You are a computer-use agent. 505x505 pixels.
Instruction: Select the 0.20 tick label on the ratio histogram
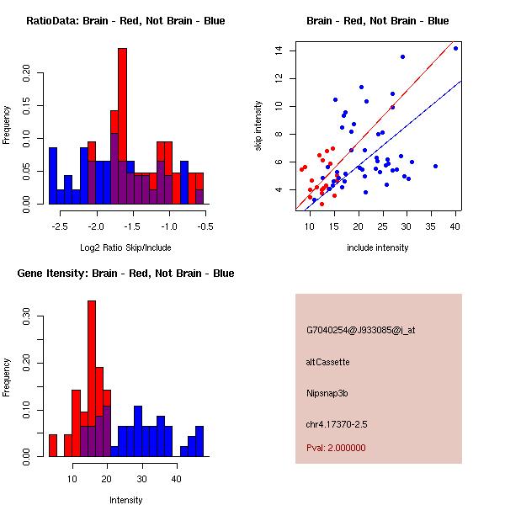click(x=26, y=73)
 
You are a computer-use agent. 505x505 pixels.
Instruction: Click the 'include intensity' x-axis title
click(x=377, y=247)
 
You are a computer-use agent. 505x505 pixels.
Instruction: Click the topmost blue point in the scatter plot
click(x=455, y=48)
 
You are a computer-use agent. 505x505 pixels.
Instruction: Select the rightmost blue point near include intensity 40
click(x=455, y=48)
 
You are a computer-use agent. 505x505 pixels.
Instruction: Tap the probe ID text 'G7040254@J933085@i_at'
click(x=360, y=330)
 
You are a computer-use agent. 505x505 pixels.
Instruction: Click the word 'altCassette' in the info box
click(x=327, y=362)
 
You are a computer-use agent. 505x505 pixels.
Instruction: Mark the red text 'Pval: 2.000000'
click(x=341, y=448)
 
